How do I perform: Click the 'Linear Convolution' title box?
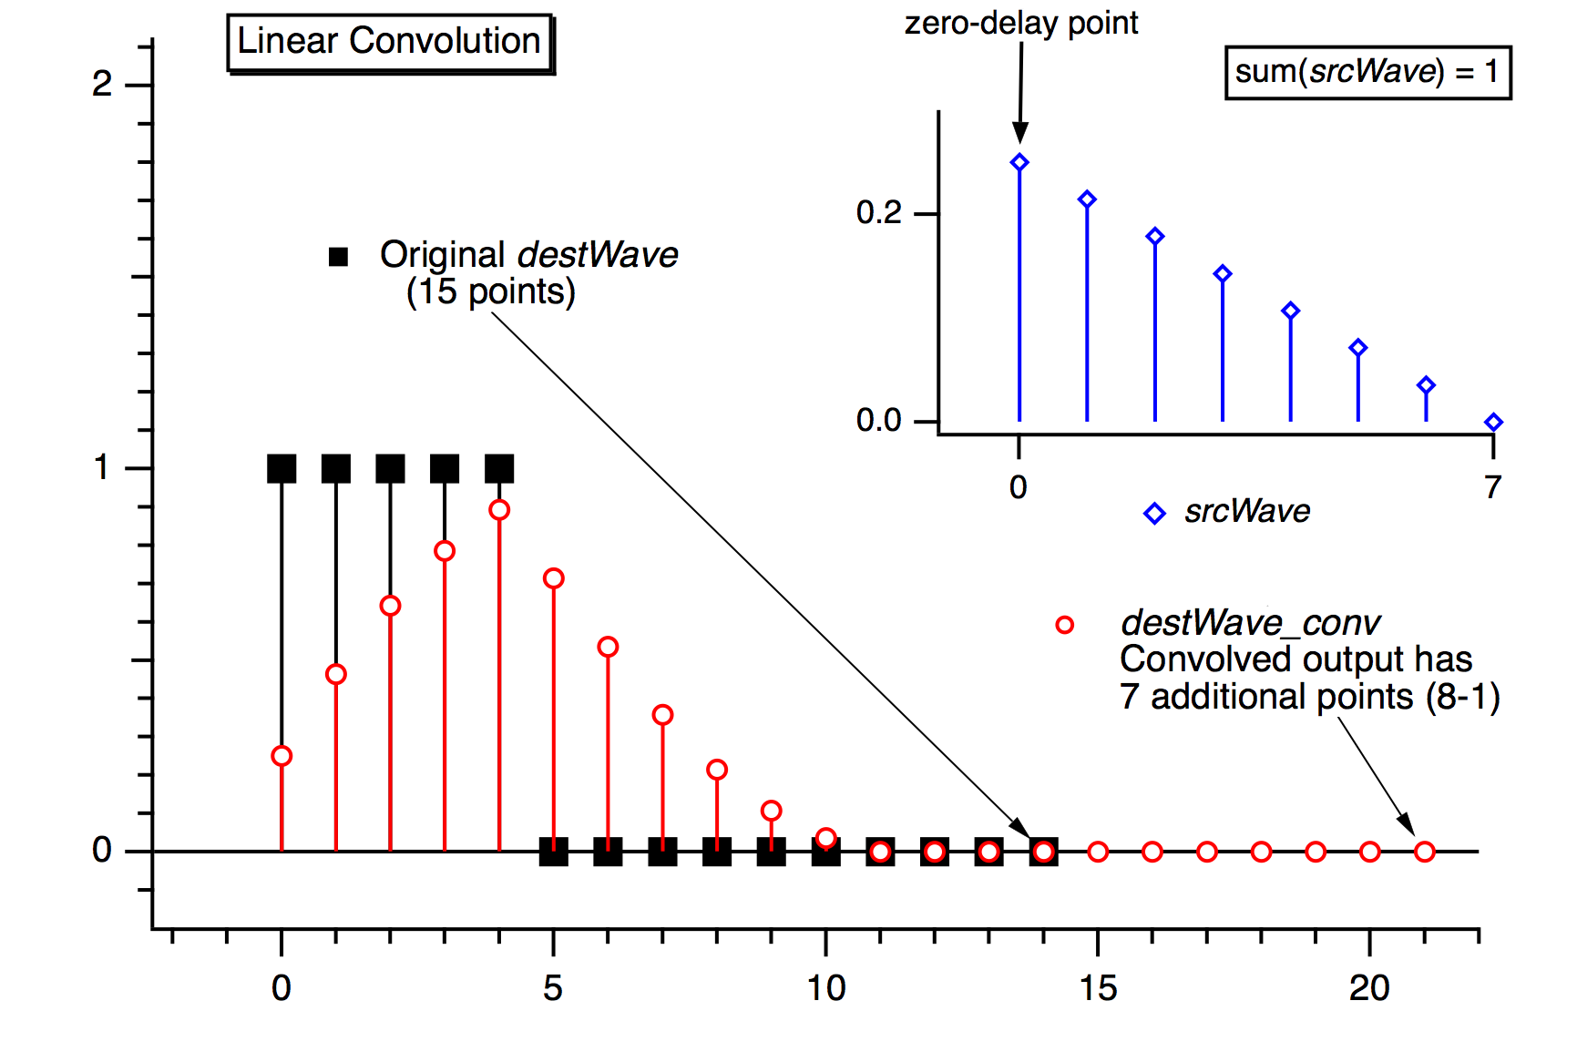[389, 42]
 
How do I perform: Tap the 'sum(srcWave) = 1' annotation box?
[1367, 71]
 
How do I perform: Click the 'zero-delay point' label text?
[1020, 23]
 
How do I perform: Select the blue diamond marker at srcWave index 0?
[1019, 163]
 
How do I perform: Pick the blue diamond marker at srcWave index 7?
[1493, 422]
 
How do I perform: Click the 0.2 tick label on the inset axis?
[878, 213]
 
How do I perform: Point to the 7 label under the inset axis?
[1492, 487]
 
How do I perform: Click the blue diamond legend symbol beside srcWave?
[1154, 514]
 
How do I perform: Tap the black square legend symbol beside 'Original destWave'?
[338, 257]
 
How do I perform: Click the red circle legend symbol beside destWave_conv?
[1064, 625]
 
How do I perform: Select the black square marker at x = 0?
[282, 469]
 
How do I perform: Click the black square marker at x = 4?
[499, 469]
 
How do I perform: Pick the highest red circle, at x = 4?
[499, 510]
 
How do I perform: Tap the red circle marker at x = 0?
[282, 756]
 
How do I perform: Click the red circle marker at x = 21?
[1425, 852]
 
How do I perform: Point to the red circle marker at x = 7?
[662, 715]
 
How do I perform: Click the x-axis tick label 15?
[1098, 988]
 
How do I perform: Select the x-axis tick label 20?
[1369, 988]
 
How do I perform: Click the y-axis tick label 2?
[102, 85]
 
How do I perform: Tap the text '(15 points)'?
[490, 292]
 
